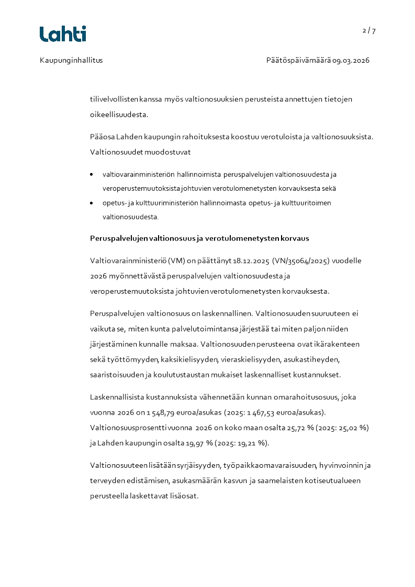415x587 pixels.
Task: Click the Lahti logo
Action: pos(63,34)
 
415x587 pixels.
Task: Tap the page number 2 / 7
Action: pos(369,31)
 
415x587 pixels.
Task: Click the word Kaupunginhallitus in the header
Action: pos(71,60)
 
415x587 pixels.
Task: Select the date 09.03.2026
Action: pos(351,60)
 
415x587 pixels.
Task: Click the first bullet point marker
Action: pos(92,174)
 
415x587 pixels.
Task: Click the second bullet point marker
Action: pos(92,203)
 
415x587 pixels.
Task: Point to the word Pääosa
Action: pos(102,137)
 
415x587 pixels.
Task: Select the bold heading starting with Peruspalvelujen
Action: pos(199,238)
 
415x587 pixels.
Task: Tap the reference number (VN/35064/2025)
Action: pos(300,260)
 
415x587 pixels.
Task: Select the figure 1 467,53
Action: pos(261,413)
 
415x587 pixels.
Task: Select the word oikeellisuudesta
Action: pos(119,113)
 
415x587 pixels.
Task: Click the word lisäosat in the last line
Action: pos(184,496)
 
